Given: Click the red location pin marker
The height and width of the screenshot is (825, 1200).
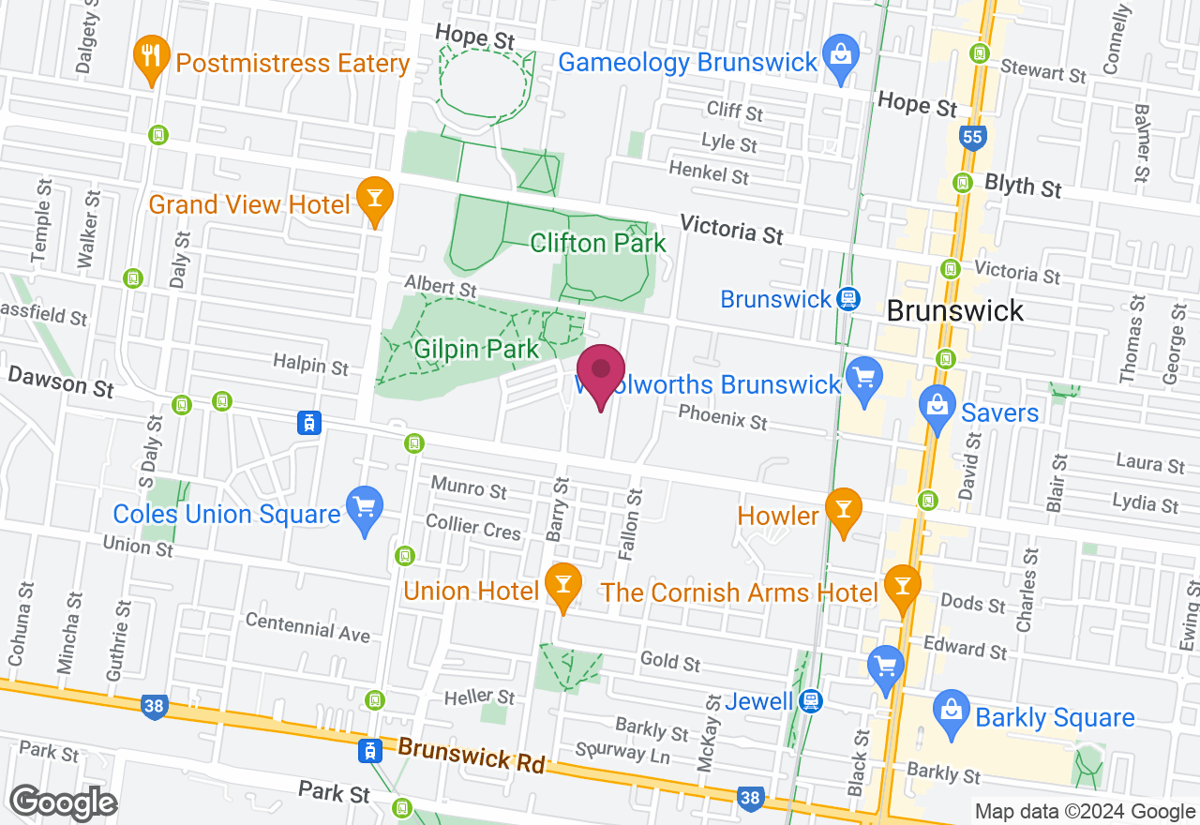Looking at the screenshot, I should click(600, 372).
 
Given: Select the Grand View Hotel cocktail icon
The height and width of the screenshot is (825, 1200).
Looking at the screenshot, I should click(375, 199).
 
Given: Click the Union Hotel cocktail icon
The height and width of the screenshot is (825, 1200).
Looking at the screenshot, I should click(563, 585).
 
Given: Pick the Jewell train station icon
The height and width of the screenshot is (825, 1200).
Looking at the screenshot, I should click(812, 700).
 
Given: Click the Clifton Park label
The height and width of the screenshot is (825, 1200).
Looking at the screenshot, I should click(598, 244).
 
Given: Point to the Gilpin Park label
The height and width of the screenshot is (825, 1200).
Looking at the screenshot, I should click(477, 350).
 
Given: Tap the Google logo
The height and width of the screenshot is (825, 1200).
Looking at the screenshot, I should click(64, 802).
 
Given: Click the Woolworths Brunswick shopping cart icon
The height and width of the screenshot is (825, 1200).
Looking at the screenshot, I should click(863, 378).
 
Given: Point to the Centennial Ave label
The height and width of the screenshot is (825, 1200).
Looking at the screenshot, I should click(307, 627).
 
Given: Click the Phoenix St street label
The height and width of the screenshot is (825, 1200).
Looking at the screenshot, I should click(722, 417).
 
